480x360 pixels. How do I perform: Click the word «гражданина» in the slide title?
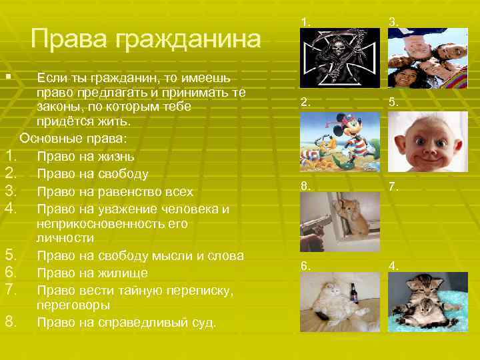(x=188, y=39)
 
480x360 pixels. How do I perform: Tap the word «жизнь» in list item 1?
(x=115, y=157)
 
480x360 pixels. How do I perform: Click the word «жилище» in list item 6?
(x=125, y=273)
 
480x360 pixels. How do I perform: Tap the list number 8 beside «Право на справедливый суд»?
(x=11, y=322)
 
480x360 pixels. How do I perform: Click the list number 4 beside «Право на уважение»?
(x=11, y=209)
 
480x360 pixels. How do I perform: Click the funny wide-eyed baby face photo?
(x=428, y=141)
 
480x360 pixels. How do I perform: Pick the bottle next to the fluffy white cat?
(x=353, y=293)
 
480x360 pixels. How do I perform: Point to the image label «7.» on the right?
(x=395, y=189)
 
